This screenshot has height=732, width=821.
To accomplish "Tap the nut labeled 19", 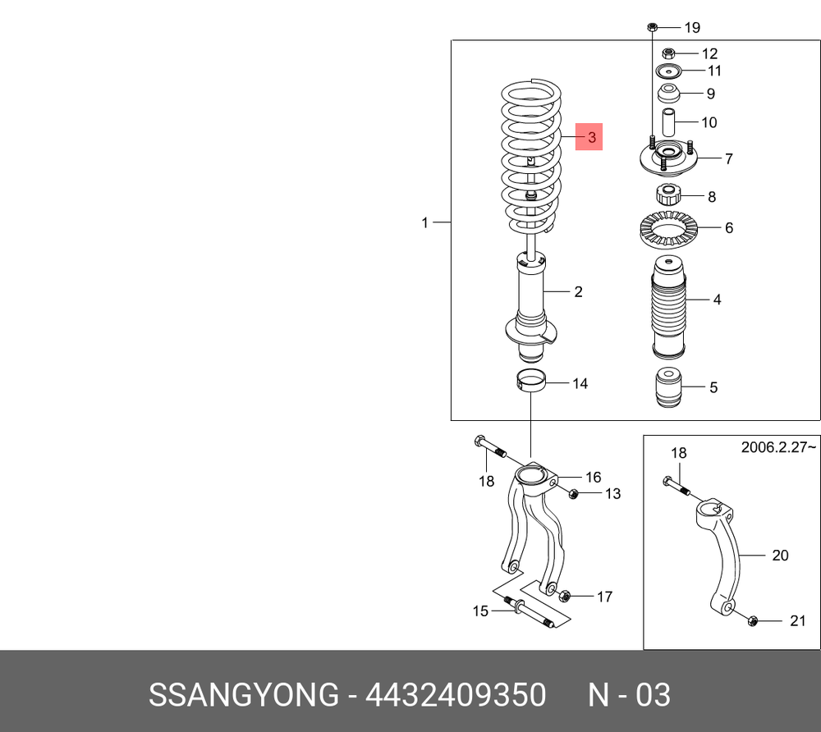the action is (x=652, y=27).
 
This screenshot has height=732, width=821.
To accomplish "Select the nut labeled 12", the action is (x=667, y=53).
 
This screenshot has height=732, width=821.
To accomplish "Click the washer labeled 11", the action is (x=668, y=70).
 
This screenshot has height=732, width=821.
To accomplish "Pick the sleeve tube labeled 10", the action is (x=668, y=122).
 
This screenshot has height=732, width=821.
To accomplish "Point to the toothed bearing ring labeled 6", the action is (x=668, y=229).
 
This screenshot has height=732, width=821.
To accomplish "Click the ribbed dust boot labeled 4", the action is (x=668, y=308).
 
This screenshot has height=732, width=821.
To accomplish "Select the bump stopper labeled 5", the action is (x=668, y=387).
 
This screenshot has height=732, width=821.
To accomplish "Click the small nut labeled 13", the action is (x=573, y=493).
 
